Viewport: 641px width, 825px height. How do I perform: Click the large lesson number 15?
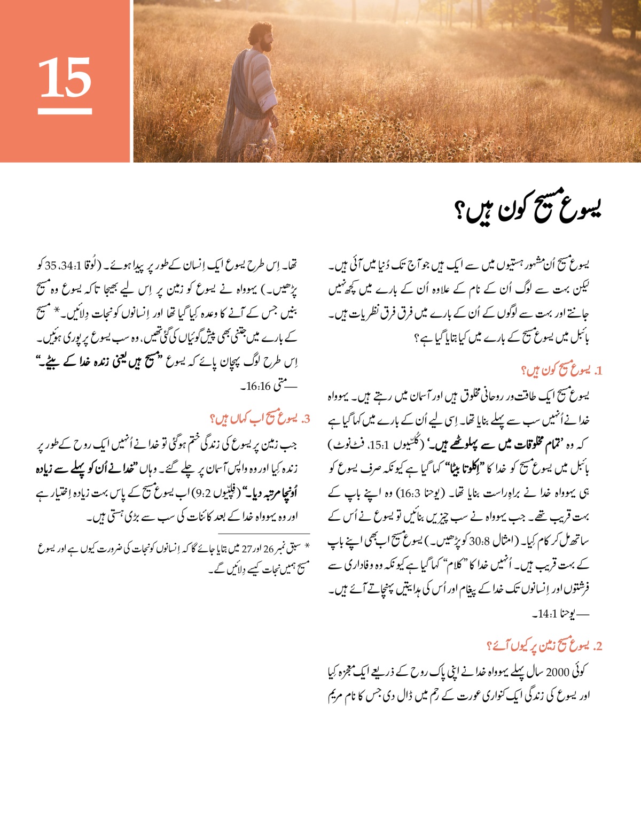pyautogui.click(x=65, y=79)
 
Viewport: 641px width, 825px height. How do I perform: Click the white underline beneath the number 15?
pyautogui.click(x=65, y=112)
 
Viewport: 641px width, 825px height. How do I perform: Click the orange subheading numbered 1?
pyautogui.click(x=561, y=371)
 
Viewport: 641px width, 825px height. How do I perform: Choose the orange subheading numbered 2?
pyautogui.click(x=544, y=646)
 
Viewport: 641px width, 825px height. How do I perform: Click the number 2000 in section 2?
pyautogui.click(x=559, y=672)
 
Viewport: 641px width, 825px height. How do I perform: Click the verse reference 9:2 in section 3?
pyautogui.click(x=203, y=493)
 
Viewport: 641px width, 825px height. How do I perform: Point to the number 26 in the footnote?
pyautogui.click(x=268, y=549)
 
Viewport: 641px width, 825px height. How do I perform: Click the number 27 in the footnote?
pyautogui.click(x=247, y=549)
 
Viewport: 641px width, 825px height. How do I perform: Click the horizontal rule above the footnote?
pyautogui.click(x=264, y=534)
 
